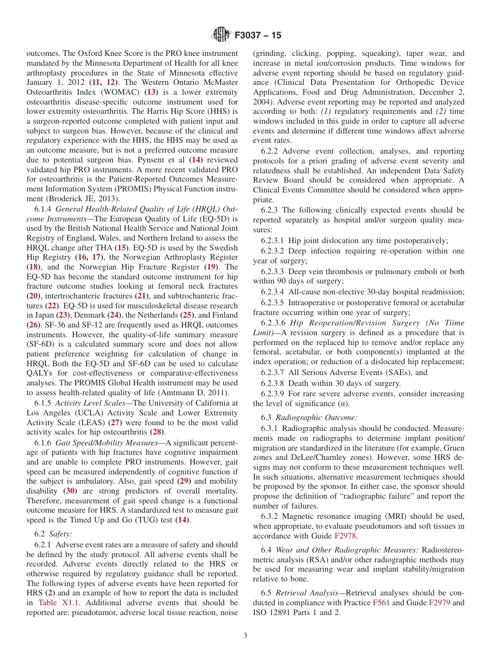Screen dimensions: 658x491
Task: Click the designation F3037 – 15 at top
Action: (258, 35)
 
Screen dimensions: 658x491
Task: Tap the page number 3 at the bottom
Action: (245, 636)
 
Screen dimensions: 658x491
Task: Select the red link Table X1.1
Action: (55, 603)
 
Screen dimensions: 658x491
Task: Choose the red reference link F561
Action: (381, 603)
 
